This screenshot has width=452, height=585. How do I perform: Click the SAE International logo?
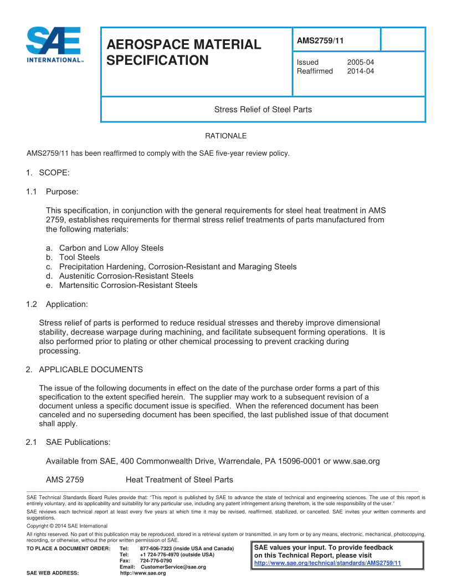point(54,45)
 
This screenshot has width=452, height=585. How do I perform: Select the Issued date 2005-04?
point(361,63)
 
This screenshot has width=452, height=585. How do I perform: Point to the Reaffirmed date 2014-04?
point(361,71)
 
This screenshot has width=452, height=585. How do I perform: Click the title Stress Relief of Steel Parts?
point(263,109)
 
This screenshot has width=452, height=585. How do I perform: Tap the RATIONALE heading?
point(226,136)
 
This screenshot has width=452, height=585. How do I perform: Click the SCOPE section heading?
point(54,173)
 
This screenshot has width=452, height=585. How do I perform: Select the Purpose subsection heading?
point(62,192)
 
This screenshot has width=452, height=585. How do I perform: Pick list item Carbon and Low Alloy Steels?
point(111,248)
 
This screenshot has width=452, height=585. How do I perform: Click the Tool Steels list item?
point(80,257)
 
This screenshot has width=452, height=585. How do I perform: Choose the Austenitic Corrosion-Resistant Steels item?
point(126,276)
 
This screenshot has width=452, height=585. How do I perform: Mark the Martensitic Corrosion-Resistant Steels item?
point(128,285)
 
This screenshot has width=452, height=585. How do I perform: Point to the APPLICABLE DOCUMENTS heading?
point(91,370)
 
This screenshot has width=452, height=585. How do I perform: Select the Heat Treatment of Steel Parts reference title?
point(179,480)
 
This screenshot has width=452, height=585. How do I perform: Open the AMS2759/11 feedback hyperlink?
point(327,563)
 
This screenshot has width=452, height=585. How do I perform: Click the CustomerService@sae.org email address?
point(173,567)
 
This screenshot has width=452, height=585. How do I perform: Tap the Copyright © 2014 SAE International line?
point(67,526)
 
